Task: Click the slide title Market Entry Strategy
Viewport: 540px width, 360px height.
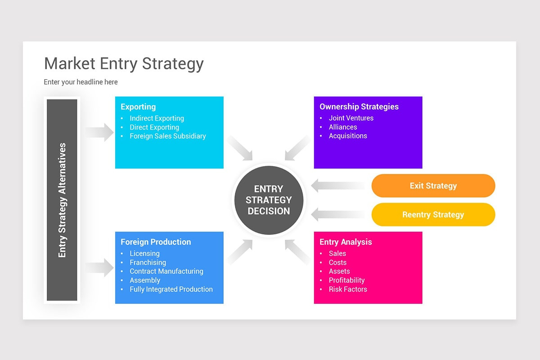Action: pyautogui.click(x=124, y=63)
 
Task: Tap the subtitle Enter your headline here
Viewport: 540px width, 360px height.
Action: pyautogui.click(x=81, y=82)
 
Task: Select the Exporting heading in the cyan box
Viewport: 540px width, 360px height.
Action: pyautogui.click(x=138, y=107)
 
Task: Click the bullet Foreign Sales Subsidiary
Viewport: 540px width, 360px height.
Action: pyautogui.click(x=167, y=136)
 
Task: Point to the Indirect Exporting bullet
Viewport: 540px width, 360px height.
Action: pyautogui.click(x=157, y=118)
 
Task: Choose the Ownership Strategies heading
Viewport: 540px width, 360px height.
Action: pyautogui.click(x=359, y=107)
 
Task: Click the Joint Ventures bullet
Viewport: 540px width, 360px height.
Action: pyautogui.click(x=351, y=118)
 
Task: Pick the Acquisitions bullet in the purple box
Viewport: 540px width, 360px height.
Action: pyautogui.click(x=348, y=136)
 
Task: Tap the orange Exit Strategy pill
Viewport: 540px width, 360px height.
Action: pyautogui.click(x=433, y=186)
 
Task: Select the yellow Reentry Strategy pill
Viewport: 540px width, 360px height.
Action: pyautogui.click(x=433, y=215)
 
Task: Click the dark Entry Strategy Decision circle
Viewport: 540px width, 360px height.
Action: pyautogui.click(x=269, y=200)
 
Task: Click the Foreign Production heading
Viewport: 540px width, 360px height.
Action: pyautogui.click(x=156, y=242)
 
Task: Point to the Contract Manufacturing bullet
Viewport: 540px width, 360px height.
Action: pyautogui.click(x=166, y=271)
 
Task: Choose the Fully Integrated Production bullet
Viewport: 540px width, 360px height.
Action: pyautogui.click(x=171, y=289)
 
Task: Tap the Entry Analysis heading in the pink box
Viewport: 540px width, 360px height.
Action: pyautogui.click(x=346, y=242)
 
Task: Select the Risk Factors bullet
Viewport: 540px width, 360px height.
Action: pyautogui.click(x=348, y=289)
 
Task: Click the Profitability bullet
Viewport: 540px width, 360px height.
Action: pyautogui.click(x=346, y=280)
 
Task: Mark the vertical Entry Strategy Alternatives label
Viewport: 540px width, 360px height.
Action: pyautogui.click(x=62, y=200)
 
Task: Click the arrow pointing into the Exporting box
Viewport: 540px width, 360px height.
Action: pyautogui.click(x=100, y=132)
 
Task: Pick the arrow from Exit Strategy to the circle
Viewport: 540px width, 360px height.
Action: pyautogui.click(x=338, y=185)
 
